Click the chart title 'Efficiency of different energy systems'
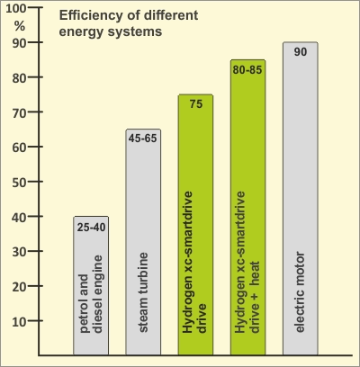pyautogui.click(x=129, y=23)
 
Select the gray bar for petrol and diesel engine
pyautogui.click(x=91, y=285)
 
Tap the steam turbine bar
pyautogui.click(x=143, y=242)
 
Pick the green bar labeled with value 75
pyautogui.click(x=195, y=225)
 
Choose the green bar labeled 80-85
pyautogui.click(x=247, y=207)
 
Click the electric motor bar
pyautogui.click(x=301, y=199)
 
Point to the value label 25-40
pyautogui.click(x=91, y=228)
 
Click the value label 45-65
pyautogui.click(x=143, y=139)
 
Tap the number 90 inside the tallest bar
pyautogui.click(x=301, y=52)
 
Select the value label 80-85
pyautogui.click(x=247, y=69)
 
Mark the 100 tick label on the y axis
pyautogui.click(x=16, y=9)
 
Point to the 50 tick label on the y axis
pyautogui.click(x=20, y=183)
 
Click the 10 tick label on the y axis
pyautogui.click(x=20, y=322)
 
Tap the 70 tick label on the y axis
pyautogui.click(x=20, y=113)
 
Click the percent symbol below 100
pyautogui.click(x=20, y=26)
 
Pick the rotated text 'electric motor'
pyautogui.click(x=300, y=292)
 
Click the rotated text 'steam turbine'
pyautogui.click(x=143, y=292)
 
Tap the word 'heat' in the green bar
pyautogui.click(x=255, y=273)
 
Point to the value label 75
pyautogui.click(x=196, y=104)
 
